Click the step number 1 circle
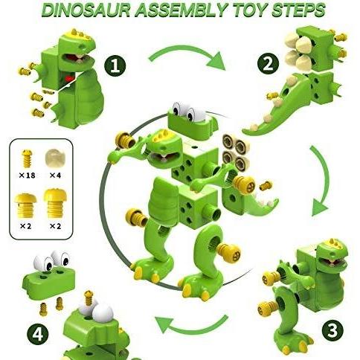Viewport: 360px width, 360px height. pyautogui.click(x=115, y=65)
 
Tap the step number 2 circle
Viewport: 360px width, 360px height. pyautogui.click(x=268, y=64)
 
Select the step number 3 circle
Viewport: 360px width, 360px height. pyautogui.click(x=332, y=330)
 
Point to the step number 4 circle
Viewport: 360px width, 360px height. pyautogui.click(x=38, y=335)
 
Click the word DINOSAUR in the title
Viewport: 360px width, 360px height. pyautogui.click(x=89, y=10)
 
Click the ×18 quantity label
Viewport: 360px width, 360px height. pyautogui.click(x=28, y=176)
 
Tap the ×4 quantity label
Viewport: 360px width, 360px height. pyautogui.click(x=55, y=176)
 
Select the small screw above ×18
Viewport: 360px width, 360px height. pyautogui.click(x=28, y=158)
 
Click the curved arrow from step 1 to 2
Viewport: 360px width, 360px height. pyautogui.click(x=187, y=56)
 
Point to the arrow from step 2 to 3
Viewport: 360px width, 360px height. pyautogui.click(x=322, y=180)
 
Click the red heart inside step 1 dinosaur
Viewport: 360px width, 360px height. pyautogui.click(x=69, y=79)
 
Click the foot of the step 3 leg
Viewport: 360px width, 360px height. pyautogui.click(x=292, y=344)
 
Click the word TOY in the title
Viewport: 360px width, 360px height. pyautogui.click(x=248, y=10)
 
